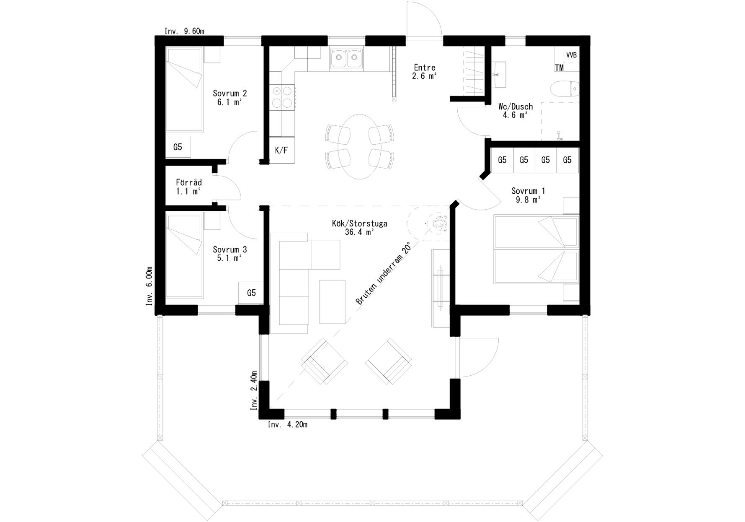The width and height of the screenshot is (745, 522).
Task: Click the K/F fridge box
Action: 281,150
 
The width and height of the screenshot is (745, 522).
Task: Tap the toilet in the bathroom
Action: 564,88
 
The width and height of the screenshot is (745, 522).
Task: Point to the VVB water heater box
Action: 571,55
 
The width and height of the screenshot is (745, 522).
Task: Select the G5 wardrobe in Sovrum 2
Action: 178,147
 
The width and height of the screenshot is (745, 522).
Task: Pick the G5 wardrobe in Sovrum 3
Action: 251,293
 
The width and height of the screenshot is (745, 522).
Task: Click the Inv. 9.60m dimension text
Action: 184,31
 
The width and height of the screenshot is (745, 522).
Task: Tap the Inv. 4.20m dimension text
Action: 288,425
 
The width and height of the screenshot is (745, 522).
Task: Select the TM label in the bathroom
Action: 559,68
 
